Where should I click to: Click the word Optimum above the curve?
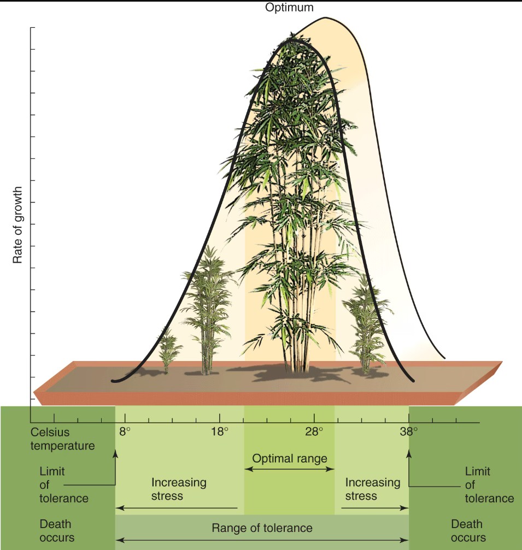[290, 8]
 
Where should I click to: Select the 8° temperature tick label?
[125, 431]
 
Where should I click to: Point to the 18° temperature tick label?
[220, 431]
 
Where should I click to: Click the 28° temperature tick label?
[314, 431]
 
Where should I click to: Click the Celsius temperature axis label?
[62, 439]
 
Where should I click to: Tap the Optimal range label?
[289, 458]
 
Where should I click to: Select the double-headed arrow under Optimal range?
[289, 469]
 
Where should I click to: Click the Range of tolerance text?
[262, 528]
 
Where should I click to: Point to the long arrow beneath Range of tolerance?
[262, 541]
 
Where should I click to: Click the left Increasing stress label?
[179, 489]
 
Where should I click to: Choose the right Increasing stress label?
[373, 489]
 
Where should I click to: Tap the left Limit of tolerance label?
[64, 484]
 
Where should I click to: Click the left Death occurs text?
[56, 531]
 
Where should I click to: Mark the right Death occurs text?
[468, 531]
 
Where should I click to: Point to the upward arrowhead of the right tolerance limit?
[409, 452]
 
